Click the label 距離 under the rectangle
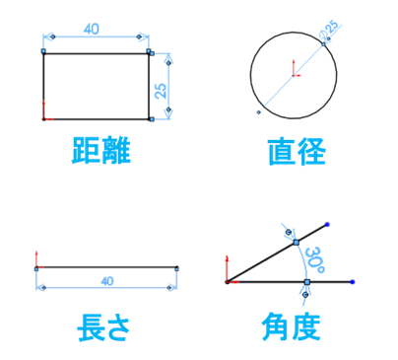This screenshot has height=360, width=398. (100, 152)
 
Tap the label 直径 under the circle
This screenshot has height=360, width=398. (297, 152)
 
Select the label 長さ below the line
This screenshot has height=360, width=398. (103, 326)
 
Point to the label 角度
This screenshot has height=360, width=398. (292, 326)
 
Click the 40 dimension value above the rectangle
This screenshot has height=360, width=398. (92, 30)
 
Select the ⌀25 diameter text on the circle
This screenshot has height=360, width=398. (328, 35)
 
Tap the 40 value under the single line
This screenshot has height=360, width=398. (107, 282)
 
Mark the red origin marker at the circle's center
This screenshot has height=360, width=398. (294, 70)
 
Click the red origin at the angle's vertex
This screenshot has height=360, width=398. (228, 281)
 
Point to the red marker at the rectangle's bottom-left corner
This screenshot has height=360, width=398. (45, 117)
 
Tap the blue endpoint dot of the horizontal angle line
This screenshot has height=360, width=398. (353, 281)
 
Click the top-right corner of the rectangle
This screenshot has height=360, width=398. (149, 52)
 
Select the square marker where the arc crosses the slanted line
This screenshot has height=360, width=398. (295, 241)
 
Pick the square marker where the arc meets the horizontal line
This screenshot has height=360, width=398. (307, 281)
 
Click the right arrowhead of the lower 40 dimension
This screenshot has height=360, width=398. (174, 288)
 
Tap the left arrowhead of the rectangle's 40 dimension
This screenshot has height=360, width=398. (46, 37)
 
